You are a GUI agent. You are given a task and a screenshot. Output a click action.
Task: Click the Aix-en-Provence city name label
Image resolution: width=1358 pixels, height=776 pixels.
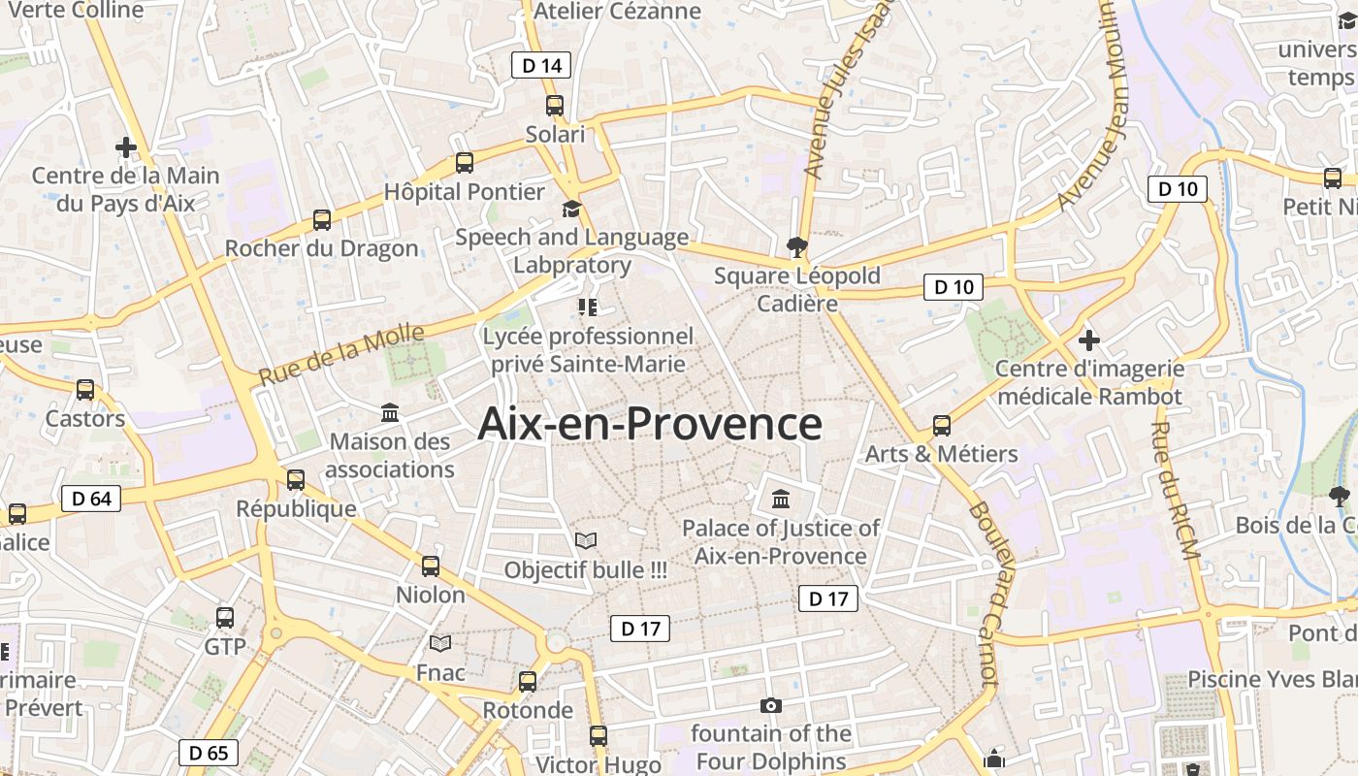[650, 425]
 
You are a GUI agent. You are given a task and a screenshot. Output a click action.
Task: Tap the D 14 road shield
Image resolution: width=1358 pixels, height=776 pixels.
[541, 65]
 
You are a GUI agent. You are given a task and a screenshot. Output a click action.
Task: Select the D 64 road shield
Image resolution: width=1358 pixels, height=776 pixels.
[92, 499]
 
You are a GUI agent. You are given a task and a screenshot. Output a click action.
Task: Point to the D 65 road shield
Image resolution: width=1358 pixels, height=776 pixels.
[209, 752]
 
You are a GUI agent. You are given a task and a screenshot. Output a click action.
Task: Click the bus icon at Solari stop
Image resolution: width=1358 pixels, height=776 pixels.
[555, 106]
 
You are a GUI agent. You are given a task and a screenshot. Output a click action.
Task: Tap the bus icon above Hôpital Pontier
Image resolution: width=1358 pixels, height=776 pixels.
[465, 162]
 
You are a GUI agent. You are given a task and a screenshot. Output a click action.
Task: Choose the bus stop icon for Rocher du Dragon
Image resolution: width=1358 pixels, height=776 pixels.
[322, 220]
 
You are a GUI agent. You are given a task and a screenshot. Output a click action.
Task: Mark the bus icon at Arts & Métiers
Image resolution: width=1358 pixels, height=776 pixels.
[941, 425]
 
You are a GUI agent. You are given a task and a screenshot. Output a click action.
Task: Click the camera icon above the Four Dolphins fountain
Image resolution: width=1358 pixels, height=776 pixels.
[771, 705]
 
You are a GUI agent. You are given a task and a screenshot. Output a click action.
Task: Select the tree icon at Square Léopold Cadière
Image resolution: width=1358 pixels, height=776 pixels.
[797, 246]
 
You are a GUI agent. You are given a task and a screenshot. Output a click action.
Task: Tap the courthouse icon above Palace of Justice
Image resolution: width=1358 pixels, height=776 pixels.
[781, 500]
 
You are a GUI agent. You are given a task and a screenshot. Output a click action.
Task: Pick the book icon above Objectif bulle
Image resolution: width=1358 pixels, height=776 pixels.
[586, 540]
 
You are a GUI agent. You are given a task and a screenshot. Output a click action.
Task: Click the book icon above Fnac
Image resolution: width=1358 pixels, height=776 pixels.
[440, 643]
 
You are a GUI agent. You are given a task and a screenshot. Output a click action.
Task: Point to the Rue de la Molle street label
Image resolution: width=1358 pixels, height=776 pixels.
[341, 354]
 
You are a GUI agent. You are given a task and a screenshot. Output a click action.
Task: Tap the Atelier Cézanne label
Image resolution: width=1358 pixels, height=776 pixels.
[617, 11]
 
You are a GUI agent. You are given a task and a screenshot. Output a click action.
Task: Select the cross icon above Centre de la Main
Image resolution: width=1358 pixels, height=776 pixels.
[125, 147]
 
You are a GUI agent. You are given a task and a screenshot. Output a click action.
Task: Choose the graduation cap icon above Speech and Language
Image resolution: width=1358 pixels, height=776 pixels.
[571, 209]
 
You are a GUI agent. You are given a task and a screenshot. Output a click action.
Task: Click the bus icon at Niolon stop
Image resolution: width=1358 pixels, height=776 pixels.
[431, 566]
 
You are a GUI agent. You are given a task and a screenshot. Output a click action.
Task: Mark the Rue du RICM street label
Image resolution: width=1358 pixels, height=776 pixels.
[1176, 490]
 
